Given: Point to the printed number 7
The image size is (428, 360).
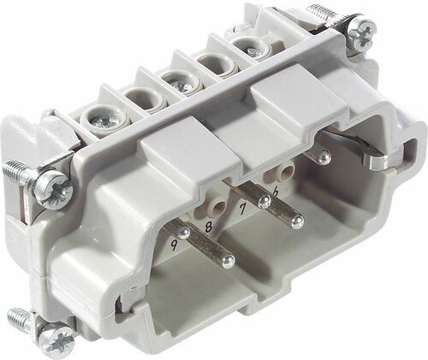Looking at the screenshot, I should [243, 208].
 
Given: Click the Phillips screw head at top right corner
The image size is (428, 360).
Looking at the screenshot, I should [360, 34].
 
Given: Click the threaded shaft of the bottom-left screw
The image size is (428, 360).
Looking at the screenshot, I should [21, 320].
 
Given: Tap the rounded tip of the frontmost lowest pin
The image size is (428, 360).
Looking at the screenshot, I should [227, 258].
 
